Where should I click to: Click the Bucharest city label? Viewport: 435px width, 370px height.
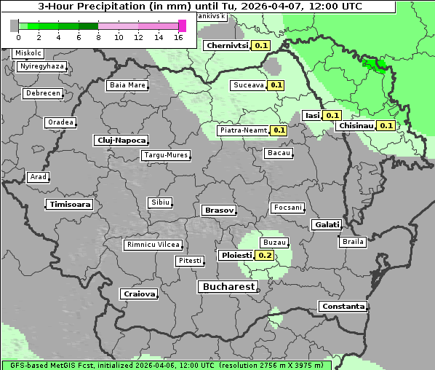pos(228,287)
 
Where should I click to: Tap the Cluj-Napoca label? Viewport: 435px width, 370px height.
pos(121,140)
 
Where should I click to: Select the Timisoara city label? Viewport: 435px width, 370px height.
pos(70,205)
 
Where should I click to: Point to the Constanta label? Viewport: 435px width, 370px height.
pos(343,307)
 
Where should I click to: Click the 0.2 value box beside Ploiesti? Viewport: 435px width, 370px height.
pos(265,256)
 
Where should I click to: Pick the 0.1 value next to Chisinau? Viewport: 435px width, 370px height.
pos(386,126)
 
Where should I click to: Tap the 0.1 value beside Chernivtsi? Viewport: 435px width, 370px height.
pos(261,45)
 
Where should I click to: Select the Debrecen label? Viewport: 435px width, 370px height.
pos(42,94)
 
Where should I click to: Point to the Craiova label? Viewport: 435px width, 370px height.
pos(139,294)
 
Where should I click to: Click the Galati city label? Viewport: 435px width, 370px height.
pos(326,225)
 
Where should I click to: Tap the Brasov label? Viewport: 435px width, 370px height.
pos(219,210)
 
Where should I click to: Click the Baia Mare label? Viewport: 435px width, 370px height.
pos(127,85)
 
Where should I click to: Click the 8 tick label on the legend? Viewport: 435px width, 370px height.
pos(98,36)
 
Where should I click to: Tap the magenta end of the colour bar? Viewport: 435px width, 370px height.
pos(182,25)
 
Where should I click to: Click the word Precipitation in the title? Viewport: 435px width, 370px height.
pos(115,7)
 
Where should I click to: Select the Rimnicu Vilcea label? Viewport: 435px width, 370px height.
pos(153,245)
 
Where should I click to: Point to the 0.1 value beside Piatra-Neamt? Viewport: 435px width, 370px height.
pos(278,131)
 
